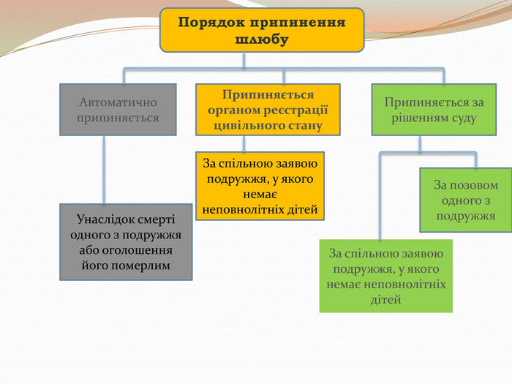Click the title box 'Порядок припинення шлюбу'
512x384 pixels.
click(x=262, y=30)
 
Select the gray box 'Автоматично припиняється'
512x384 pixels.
click(x=118, y=110)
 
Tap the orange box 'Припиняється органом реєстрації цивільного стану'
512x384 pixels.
click(x=268, y=110)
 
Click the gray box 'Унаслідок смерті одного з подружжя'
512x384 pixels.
click(x=126, y=242)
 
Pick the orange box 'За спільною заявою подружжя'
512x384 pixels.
click(x=260, y=186)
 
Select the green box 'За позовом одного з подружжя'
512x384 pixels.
click(x=466, y=200)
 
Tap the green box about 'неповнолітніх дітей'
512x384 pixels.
click(x=386, y=276)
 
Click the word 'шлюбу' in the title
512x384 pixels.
click(x=262, y=39)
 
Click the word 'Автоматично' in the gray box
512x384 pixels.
click(x=118, y=102)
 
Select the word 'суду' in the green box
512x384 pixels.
click(x=462, y=118)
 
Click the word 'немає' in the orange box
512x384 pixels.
click(x=260, y=195)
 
